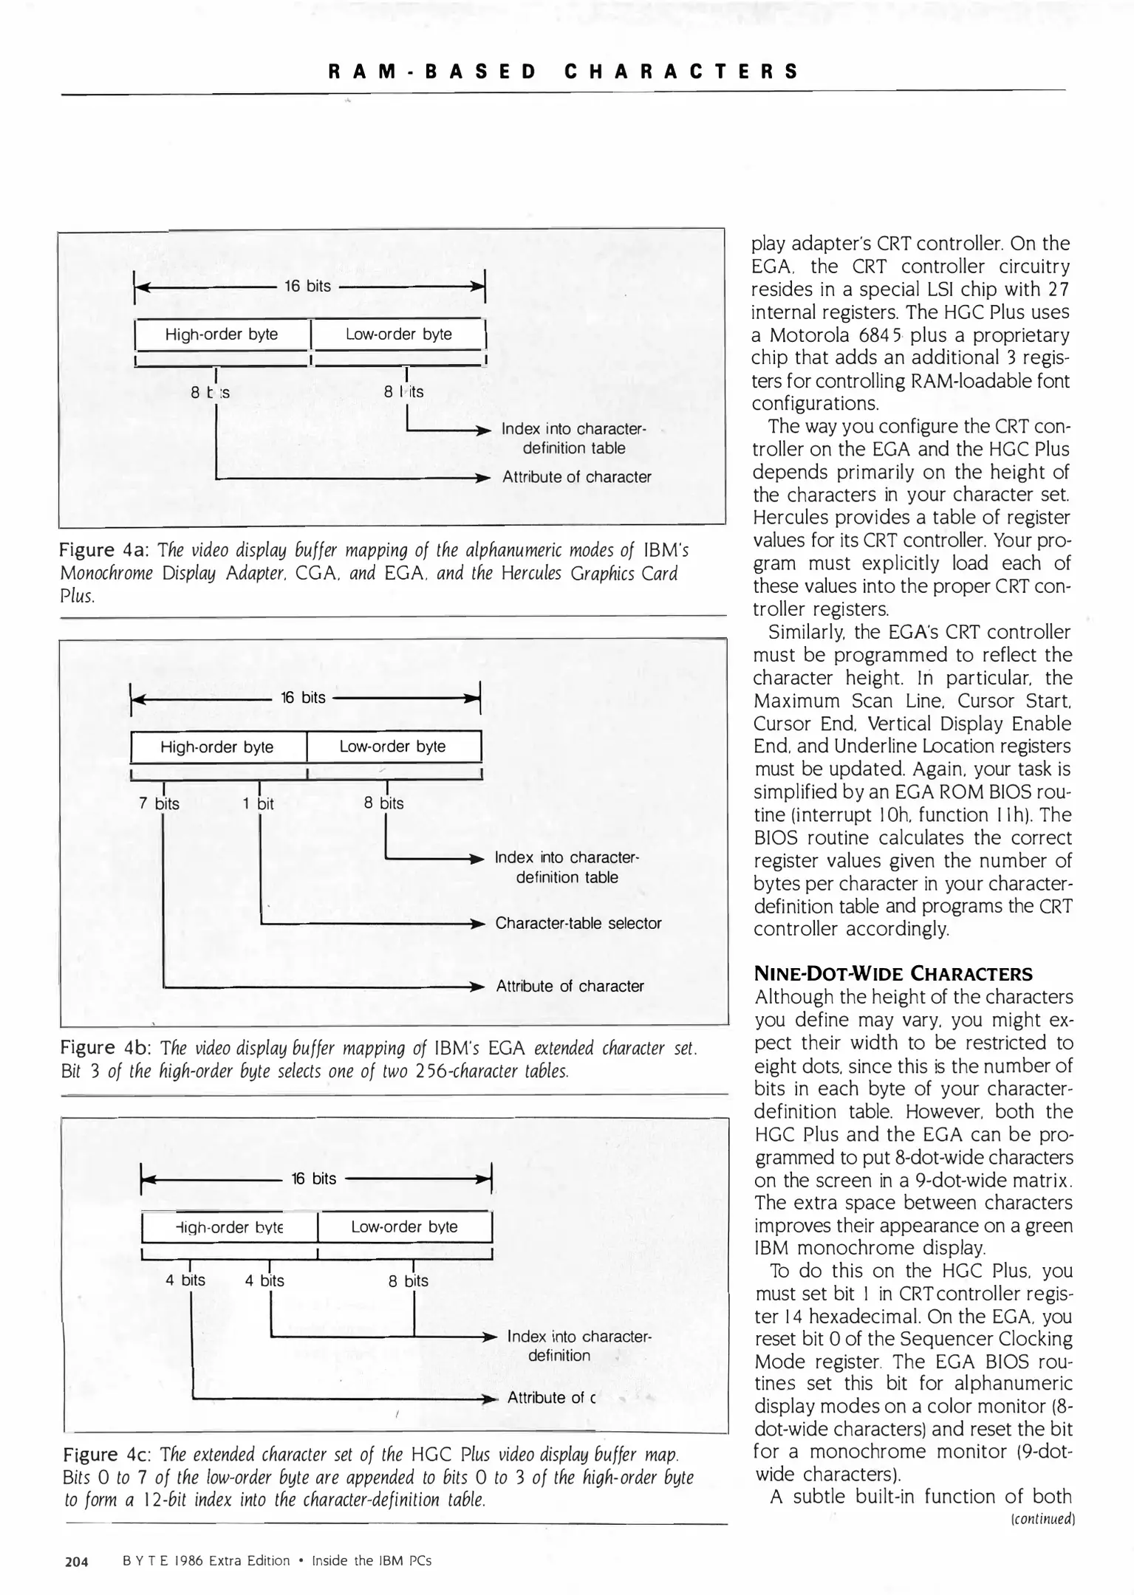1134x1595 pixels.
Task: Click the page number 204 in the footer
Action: point(77,1561)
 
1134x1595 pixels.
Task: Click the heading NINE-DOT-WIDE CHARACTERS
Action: point(892,973)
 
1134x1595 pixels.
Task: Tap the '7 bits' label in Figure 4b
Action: point(159,803)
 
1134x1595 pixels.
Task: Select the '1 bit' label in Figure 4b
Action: point(258,803)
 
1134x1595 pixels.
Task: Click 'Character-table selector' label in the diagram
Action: point(578,923)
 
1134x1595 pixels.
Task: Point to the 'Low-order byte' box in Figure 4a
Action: point(398,334)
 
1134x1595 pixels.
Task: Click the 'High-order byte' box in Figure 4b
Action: point(217,747)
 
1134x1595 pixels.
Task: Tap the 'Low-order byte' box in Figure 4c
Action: point(404,1227)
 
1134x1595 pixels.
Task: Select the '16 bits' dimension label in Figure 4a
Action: point(308,286)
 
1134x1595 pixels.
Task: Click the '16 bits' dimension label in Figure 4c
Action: point(314,1179)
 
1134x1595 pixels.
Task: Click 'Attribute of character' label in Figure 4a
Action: point(576,477)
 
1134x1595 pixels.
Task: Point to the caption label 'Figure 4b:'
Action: point(104,1048)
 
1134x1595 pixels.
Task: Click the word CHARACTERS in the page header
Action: point(681,72)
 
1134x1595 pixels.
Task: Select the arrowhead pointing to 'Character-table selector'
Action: point(479,924)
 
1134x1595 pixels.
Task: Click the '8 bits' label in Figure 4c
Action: point(409,1280)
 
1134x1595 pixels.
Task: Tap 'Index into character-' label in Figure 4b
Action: point(567,857)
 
